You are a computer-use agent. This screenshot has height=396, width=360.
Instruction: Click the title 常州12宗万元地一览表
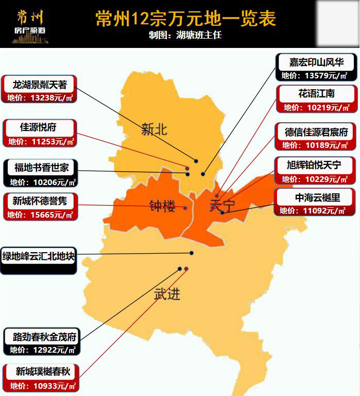(185, 19)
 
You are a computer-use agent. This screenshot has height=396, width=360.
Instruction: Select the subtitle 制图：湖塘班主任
(185, 36)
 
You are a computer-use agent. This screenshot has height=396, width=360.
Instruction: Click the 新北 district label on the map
(154, 129)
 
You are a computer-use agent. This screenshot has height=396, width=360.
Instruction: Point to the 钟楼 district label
(162, 206)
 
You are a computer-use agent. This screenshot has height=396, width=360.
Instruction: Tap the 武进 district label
(167, 294)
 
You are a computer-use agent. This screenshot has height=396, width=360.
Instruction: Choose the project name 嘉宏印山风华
(316, 62)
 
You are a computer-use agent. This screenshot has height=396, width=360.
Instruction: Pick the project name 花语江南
(316, 94)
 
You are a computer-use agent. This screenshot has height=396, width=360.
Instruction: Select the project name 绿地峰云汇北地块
(39, 256)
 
